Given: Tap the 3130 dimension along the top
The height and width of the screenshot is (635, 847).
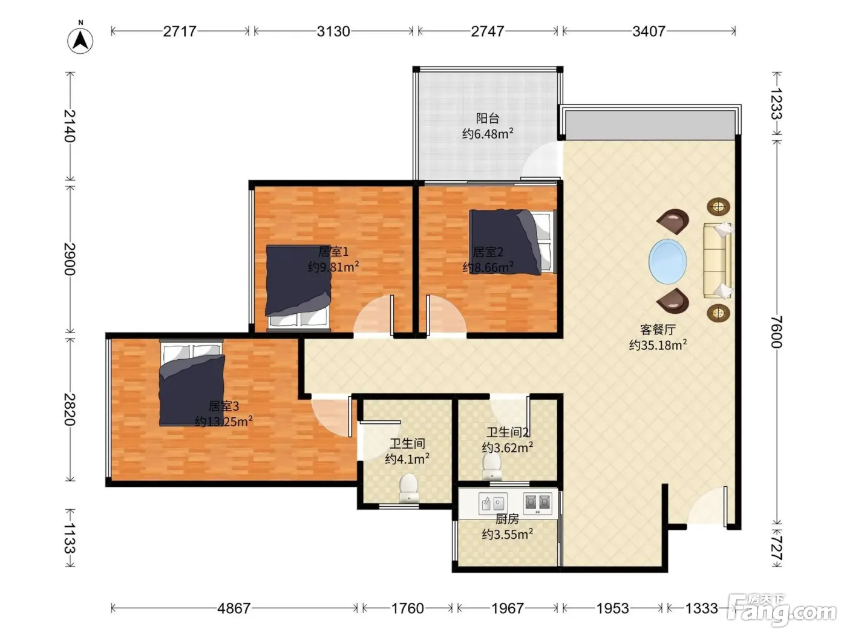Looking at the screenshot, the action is point(333,31).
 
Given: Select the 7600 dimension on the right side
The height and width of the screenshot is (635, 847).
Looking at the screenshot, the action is point(776,331).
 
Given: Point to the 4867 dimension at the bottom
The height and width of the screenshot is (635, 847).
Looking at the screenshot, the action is point(234,608).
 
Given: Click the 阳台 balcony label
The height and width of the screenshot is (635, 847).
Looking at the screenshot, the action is point(488,117).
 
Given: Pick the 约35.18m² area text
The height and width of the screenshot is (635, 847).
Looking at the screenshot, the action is point(658,345).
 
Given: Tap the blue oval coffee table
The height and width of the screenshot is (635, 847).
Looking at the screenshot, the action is point(667,262).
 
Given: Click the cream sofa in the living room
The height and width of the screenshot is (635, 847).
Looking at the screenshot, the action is point(718,261).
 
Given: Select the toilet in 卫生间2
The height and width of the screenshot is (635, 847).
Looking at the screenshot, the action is point(492,466).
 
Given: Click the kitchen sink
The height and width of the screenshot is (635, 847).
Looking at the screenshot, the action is point(492,503).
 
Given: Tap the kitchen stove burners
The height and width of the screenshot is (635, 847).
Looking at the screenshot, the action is point(537,503).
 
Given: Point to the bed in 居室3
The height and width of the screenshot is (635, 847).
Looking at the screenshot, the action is point(192,383).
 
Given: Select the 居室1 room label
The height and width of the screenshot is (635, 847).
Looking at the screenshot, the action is point(333,252).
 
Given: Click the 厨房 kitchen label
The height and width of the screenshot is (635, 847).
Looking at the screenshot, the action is point(507,519).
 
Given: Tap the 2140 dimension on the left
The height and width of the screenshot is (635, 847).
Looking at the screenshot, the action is point(70,126).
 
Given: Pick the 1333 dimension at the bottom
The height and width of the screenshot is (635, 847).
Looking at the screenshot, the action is point(701,608).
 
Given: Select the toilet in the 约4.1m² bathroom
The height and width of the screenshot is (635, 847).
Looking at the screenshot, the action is point(408,488).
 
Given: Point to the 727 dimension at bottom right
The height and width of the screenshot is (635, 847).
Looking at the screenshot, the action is point(776,548).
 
